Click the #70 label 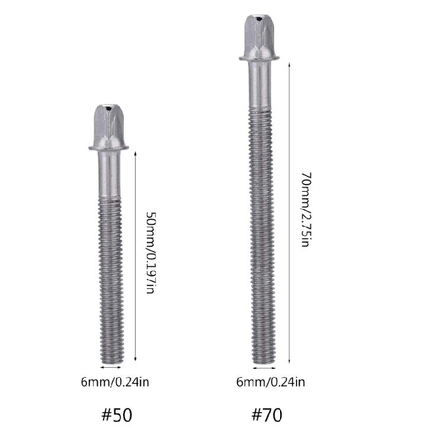click(x=266, y=414)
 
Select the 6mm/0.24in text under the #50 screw click(x=115, y=382)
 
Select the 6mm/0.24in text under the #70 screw click(x=271, y=382)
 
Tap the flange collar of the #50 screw click(x=110, y=147)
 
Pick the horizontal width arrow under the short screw click(x=111, y=368)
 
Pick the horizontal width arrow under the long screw click(x=262, y=369)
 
